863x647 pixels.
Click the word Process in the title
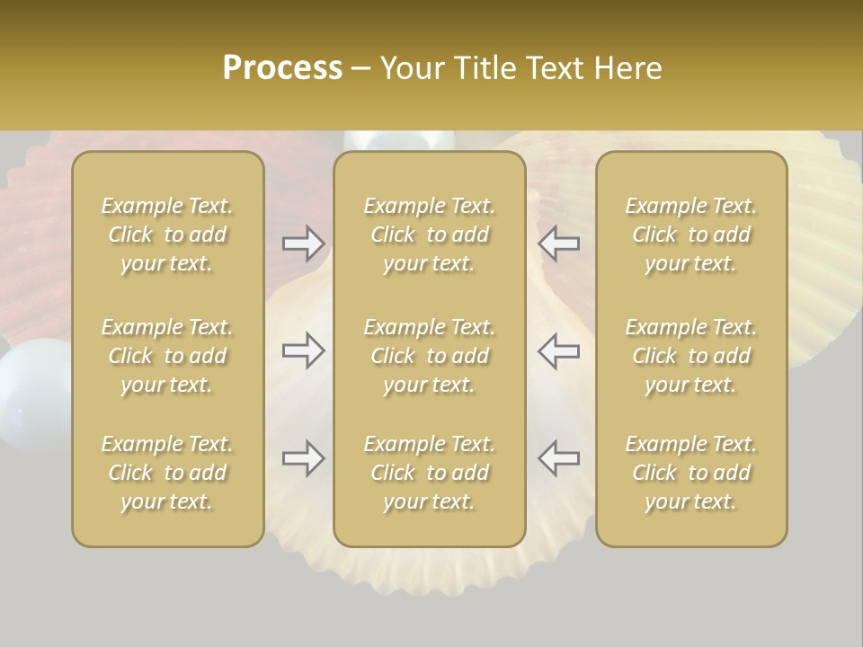tap(282, 68)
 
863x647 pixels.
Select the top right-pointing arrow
tap(303, 244)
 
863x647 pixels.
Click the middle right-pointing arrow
tap(303, 351)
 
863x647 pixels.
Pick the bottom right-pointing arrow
tap(303, 458)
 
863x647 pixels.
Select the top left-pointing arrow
tap(559, 244)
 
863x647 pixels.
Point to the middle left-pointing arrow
tap(559, 351)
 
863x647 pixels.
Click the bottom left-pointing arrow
tap(559, 458)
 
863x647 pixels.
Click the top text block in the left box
tap(167, 235)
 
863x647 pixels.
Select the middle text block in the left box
tap(167, 356)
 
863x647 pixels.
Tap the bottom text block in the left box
tap(167, 473)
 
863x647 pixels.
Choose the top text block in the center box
tap(429, 235)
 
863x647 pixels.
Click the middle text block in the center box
tap(429, 356)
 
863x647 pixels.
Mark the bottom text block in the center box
tap(429, 473)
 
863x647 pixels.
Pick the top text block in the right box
tap(691, 235)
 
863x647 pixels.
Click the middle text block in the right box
tap(691, 356)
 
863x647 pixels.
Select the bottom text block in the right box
tap(691, 473)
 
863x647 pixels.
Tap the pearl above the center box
tap(400, 141)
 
